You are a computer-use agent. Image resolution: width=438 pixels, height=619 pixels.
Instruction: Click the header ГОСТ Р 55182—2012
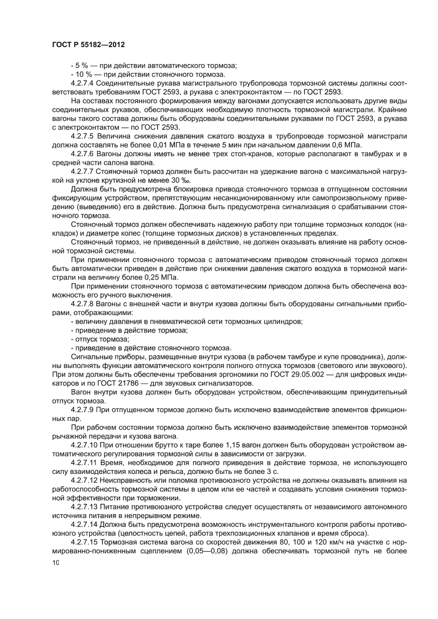[89, 46]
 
